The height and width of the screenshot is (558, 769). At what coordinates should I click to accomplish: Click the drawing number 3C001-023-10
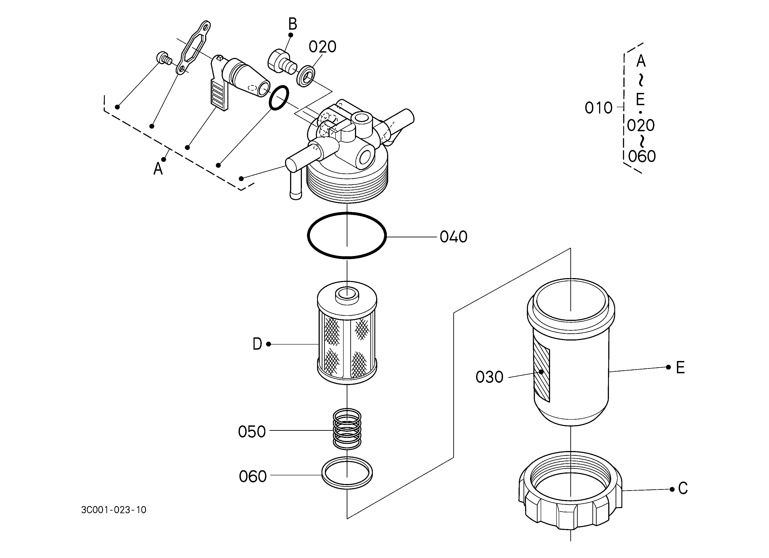click(113, 510)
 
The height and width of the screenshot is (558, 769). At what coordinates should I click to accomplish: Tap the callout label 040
click(453, 237)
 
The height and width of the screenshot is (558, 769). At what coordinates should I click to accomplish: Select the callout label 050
click(252, 432)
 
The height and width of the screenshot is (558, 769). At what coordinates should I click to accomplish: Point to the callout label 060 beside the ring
click(253, 477)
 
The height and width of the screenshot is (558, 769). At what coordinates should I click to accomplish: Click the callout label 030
click(489, 377)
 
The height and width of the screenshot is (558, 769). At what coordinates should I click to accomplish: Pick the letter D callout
click(257, 344)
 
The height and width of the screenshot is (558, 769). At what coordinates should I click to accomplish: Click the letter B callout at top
click(292, 24)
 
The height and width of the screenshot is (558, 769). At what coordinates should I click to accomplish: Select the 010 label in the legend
click(598, 108)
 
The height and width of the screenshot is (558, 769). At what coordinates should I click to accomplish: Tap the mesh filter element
click(347, 333)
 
